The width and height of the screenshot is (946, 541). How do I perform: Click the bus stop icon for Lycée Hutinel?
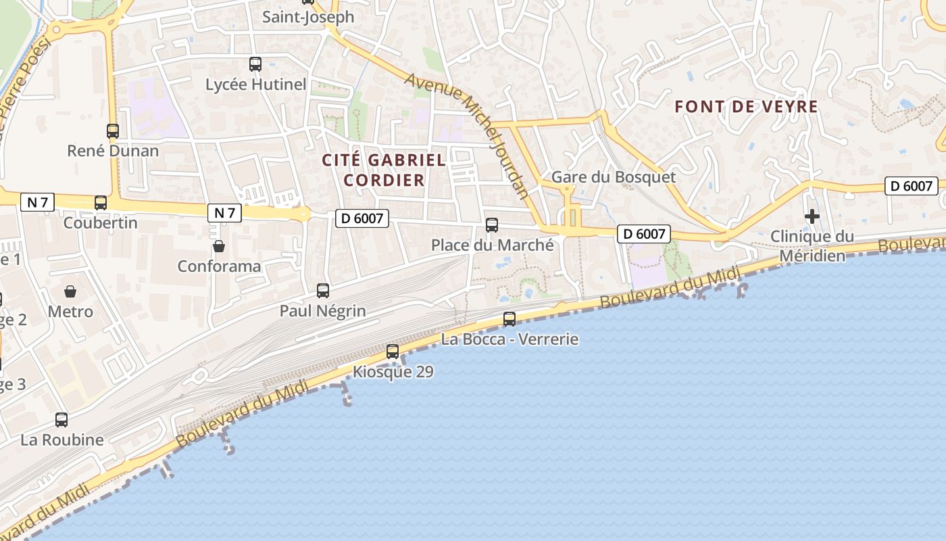tap(255, 64)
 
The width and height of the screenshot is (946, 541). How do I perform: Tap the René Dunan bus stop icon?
tap(113, 131)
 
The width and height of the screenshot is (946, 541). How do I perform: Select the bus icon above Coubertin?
tap(101, 202)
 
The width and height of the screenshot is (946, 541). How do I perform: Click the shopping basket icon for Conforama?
tap(218, 246)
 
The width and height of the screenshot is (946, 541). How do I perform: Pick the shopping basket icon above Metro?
tap(70, 291)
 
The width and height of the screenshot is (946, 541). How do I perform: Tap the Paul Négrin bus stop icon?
tap(323, 291)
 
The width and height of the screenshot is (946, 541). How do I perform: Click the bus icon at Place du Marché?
tap(492, 225)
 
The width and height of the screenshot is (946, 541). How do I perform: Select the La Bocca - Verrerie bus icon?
tap(509, 319)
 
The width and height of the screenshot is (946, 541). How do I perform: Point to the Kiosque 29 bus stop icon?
tap(393, 352)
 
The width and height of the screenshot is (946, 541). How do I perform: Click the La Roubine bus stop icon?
tap(61, 420)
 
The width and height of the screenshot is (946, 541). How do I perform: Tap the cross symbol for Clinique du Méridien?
tap(812, 216)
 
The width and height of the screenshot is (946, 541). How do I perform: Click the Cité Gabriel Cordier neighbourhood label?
tap(384, 170)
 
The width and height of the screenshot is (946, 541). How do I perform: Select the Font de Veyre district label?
tap(747, 106)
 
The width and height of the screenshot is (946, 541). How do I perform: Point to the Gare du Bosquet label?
tap(614, 177)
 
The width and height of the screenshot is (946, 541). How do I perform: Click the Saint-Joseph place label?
tap(308, 17)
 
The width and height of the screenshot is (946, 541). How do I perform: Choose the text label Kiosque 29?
tap(393, 372)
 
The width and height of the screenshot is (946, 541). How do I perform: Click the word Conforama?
tap(219, 266)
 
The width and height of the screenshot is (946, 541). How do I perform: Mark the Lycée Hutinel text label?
tap(256, 85)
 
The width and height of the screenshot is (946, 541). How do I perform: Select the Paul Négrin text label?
tap(323, 311)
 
